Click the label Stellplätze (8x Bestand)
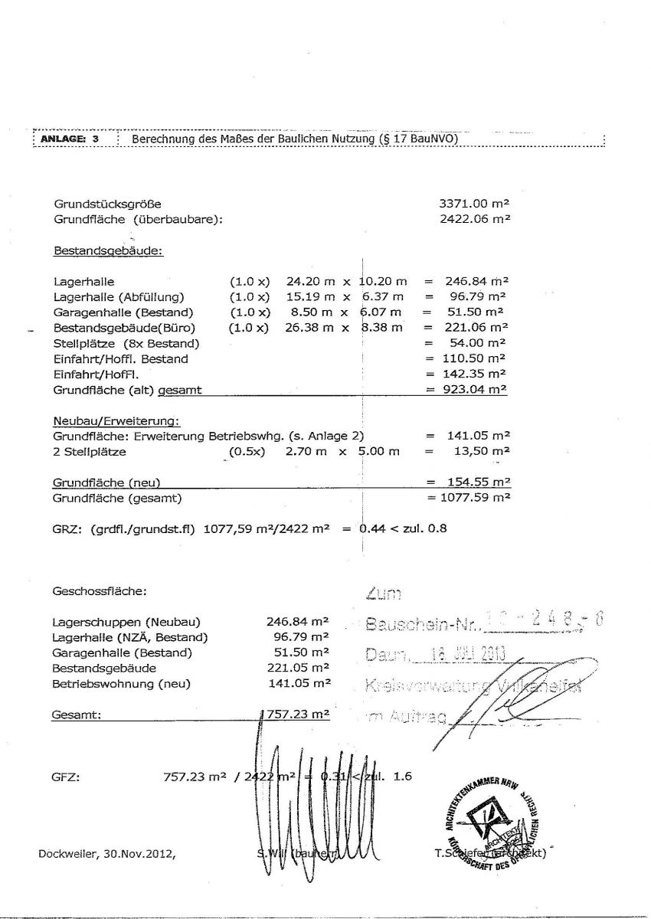pos(126,343)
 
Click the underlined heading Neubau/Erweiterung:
pos(116,421)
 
